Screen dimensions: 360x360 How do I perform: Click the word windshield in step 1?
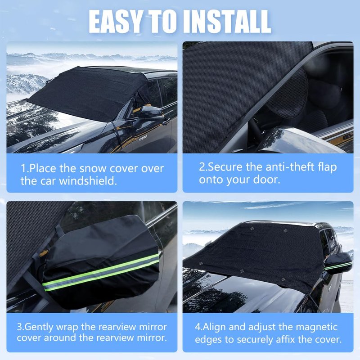pos(88,181)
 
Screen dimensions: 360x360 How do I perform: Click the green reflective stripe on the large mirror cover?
pos(101,272)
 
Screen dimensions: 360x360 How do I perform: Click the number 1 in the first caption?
pos(23,169)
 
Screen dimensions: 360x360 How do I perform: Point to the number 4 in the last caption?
pos(198,327)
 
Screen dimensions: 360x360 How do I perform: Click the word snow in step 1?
pos(93,169)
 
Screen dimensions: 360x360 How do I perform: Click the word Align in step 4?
pos(214,328)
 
